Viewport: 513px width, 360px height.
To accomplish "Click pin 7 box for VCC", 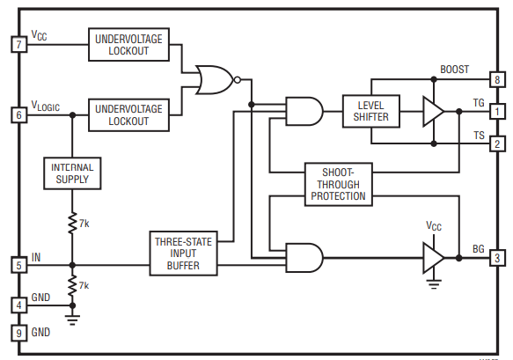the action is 19,44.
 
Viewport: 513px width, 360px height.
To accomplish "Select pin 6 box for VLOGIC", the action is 19,115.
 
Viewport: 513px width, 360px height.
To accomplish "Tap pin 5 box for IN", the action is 19,265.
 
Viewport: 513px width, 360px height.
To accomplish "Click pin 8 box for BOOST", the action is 497,79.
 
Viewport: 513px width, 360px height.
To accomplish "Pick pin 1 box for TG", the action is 497,112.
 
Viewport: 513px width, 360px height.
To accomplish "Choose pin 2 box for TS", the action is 497,143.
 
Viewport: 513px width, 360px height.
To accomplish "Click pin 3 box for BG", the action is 497,258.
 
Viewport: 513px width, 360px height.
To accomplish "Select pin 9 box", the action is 19,334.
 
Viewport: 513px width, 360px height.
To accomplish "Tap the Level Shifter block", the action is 371,111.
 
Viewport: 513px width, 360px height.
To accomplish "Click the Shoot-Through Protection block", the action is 338,184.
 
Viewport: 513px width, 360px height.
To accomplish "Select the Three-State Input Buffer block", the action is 183,253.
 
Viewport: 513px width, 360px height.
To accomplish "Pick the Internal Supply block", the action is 72,173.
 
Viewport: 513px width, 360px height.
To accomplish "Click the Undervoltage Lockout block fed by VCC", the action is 128,45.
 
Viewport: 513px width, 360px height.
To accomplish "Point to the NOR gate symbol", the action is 217,80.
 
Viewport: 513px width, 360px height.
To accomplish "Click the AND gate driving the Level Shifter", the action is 304,111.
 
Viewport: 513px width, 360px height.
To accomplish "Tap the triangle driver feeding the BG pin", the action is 433,258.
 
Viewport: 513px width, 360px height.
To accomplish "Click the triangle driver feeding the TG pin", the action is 433,112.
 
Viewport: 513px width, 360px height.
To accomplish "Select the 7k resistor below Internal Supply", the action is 72,223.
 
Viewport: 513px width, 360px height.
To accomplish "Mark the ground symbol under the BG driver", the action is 434,284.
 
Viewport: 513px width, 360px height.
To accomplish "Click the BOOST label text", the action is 454,70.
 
